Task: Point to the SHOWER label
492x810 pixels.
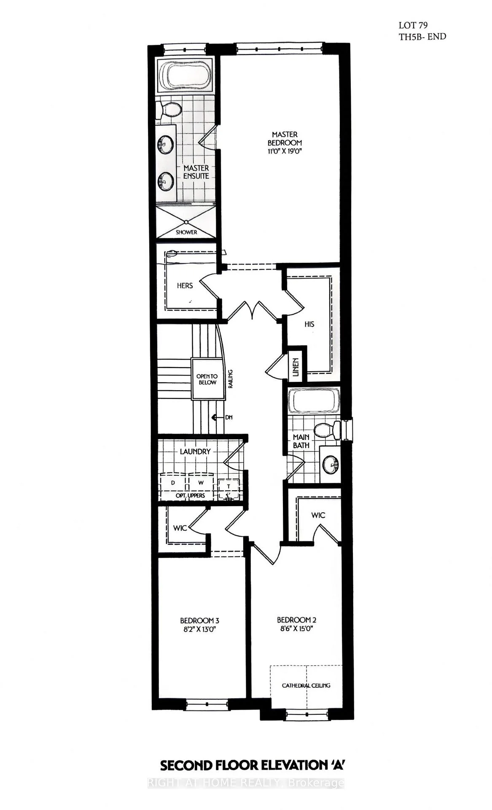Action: [186, 232]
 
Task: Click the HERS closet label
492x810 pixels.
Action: [185, 286]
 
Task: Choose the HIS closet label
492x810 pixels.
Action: [309, 324]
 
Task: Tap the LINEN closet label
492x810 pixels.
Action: [296, 367]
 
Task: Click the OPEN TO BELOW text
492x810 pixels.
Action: [207, 379]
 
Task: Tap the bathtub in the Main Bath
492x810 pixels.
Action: [314, 401]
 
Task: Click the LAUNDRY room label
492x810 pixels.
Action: [195, 451]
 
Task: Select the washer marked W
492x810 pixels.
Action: [201, 482]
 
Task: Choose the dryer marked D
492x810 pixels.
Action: [173, 482]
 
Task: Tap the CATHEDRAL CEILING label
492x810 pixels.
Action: [306, 686]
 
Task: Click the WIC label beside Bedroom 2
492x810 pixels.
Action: [318, 515]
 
